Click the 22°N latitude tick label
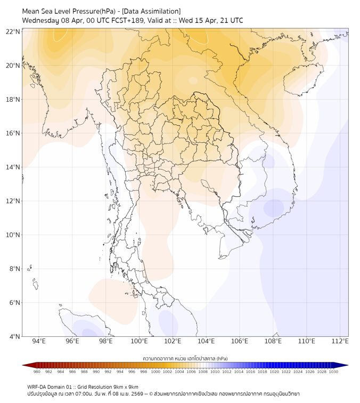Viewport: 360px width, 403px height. click(x=13, y=31)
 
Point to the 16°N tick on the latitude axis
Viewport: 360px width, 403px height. click(x=13, y=133)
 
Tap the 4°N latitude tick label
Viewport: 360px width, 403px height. click(x=15, y=336)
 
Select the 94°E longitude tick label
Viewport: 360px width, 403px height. click(x=39, y=341)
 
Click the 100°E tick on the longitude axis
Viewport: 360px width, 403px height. click(x=140, y=341)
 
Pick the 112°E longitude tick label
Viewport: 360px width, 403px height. click(x=340, y=341)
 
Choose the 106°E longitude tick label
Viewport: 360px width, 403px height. click(x=240, y=341)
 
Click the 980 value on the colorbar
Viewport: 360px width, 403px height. click(x=37, y=372)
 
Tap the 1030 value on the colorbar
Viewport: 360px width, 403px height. click(x=333, y=372)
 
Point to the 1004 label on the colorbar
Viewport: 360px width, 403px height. click(x=179, y=372)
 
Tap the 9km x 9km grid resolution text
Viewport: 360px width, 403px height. click(x=125, y=386)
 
